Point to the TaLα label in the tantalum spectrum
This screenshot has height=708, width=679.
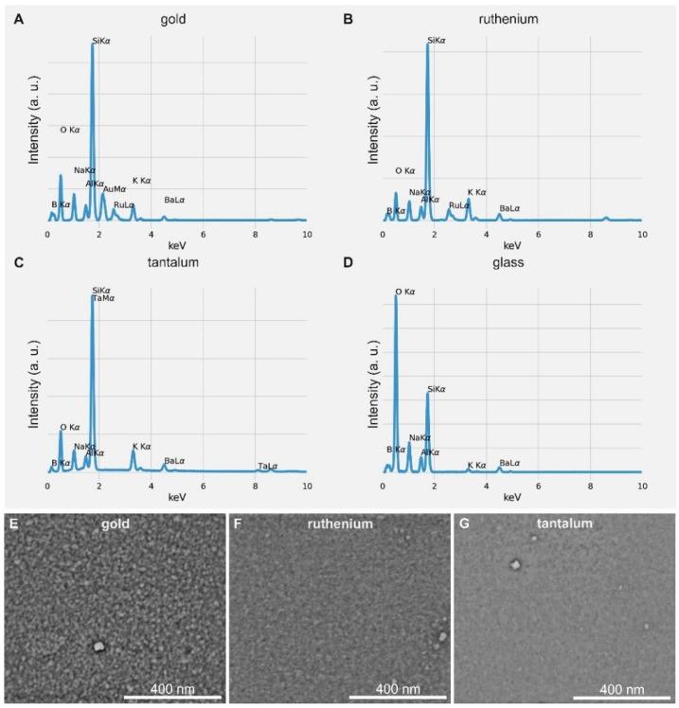click(x=268, y=466)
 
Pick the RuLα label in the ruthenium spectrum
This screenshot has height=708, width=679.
click(x=459, y=204)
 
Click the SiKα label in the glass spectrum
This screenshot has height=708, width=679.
click(x=436, y=388)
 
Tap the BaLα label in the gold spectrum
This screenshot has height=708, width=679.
click(x=175, y=200)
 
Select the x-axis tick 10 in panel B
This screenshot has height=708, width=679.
click(x=641, y=233)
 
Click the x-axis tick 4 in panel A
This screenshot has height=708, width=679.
click(x=151, y=233)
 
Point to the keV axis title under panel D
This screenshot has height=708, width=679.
click(x=511, y=497)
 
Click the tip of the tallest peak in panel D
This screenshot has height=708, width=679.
click(x=396, y=297)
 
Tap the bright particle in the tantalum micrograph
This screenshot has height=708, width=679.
click(x=515, y=565)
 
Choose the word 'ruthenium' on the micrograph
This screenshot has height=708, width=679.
click(x=337, y=522)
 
